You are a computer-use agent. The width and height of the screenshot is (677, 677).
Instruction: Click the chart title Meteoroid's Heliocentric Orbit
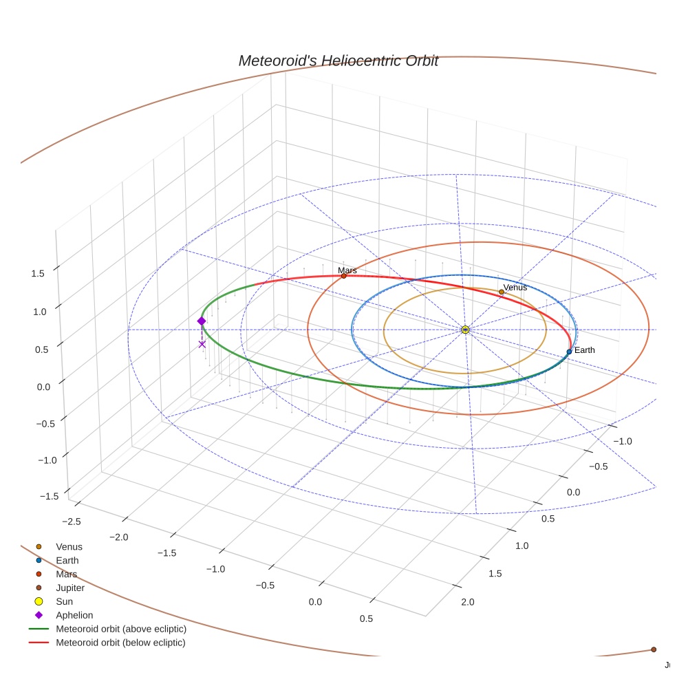pos(338,61)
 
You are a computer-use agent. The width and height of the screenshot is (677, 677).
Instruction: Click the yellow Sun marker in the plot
pos(465,330)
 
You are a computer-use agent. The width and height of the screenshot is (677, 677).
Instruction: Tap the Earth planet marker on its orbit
pos(569,352)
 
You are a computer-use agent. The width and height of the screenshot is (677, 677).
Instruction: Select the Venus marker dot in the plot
pos(502,292)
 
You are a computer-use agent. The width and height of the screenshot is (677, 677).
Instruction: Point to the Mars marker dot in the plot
pos(344,276)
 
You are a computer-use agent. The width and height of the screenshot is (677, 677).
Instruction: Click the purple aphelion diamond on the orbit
pos(202,321)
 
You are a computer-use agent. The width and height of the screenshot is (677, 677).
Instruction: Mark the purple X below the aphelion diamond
pos(202,344)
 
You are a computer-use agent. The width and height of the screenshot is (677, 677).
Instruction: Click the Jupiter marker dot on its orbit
pos(654,649)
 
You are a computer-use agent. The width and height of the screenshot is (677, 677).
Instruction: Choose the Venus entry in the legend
pos(69,547)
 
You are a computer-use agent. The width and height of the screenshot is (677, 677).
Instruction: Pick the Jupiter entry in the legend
pos(70,588)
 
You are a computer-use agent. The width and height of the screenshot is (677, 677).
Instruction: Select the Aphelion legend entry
pos(74,615)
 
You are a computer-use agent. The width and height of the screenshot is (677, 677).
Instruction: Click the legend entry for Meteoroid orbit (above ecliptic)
pos(120,629)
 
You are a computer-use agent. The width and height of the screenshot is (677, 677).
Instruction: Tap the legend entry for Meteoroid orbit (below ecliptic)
pos(120,643)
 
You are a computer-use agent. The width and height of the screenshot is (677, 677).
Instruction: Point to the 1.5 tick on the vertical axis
pos(37,273)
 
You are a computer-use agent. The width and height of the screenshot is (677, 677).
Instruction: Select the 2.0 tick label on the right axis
pos(468,602)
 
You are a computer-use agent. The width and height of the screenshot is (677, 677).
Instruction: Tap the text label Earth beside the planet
pos(585,350)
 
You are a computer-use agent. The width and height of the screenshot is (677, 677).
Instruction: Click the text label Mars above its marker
pos(347,270)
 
